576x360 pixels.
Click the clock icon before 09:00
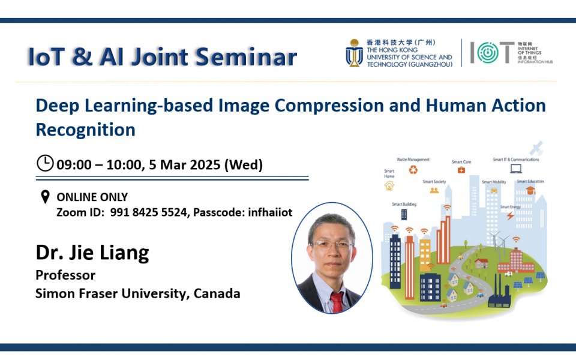(x=45, y=163)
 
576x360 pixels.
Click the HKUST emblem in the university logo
(x=353, y=53)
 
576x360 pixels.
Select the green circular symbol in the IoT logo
(x=484, y=53)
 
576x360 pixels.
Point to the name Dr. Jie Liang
(x=92, y=253)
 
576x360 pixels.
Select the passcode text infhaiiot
(x=271, y=212)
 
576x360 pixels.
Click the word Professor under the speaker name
(x=65, y=275)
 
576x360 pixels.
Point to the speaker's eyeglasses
(x=332, y=245)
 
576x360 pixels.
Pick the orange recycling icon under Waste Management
(x=413, y=170)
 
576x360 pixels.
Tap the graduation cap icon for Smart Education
(x=530, y=190)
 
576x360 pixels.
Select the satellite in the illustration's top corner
(x=536, y=148)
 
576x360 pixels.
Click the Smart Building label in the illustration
(x=404, y=204)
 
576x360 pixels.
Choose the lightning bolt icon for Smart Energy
(x=510, y=215)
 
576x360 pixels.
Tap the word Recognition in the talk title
(x=85, y=130)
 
